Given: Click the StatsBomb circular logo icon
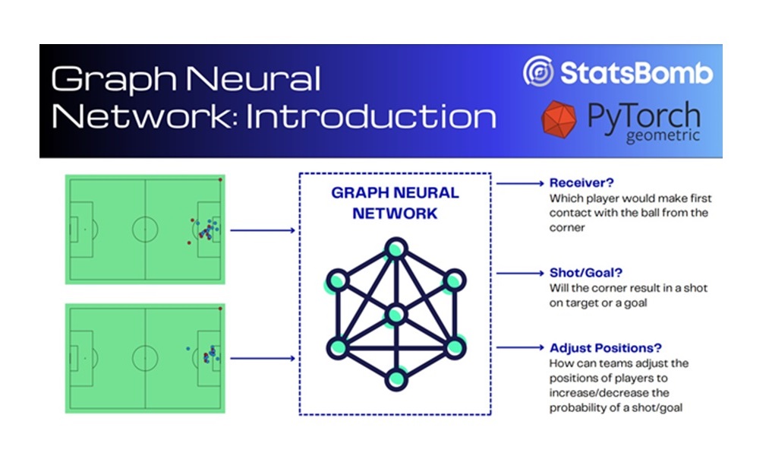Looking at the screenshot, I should pyautogui.click(x=538, y=72).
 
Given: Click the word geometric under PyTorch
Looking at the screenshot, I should pyautogui.click(x=662, y=138).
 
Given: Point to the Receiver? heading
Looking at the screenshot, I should pyautogui.click(x=581, y=183).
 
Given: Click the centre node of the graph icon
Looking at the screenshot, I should pyautogui.click(x=395, y=315).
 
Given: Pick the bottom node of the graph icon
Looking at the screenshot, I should pyautogui.click(x=395, y=378).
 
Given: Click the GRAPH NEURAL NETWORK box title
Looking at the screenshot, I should pyautogui.click(x=395, y=203).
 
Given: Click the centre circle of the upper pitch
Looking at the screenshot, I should pyautogui.click(x=144, y=230).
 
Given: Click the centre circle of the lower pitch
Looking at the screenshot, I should pyautogui.click(x=144, y=356).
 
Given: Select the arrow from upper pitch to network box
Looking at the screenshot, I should pyautogui.click(x=262, y=230).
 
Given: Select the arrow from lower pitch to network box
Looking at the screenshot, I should pyautogui.click(x=262, y=357).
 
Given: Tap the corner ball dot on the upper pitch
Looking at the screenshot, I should pyautogui.click(x=220, y=180).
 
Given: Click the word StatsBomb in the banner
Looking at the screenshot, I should pyautogui.click(x=636, y=73).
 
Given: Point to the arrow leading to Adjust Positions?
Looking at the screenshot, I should pyautogui.click(x=519, y=347).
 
